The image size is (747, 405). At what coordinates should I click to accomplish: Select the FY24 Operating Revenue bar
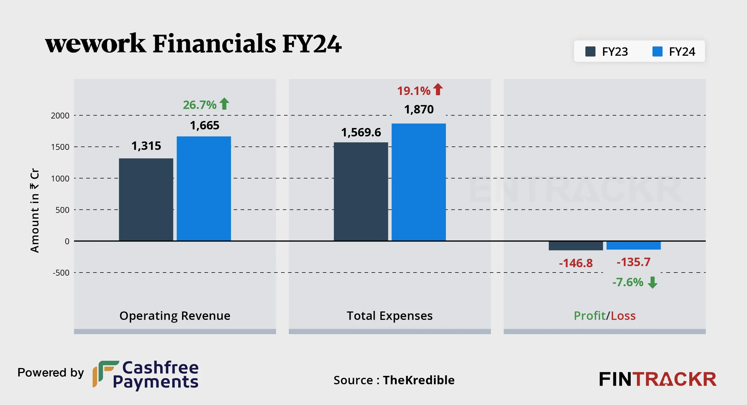click(204, 188)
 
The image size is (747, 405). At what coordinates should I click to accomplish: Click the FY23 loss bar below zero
click(576, 246)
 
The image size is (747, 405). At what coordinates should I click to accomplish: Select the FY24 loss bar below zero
click(633, 246)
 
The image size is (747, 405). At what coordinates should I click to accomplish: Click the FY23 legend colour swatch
click(590, 52)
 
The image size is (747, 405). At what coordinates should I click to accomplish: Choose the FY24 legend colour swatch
click(657, 52)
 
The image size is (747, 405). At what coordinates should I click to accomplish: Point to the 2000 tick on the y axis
click(60, 116)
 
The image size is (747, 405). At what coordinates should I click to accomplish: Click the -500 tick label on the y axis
click(61, 273)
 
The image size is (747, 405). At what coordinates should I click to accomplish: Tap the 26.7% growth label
click(199, 105)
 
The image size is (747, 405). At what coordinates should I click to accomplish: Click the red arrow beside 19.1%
click(438, 89)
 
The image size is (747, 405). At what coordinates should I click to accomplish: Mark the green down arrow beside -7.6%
click(652, 282)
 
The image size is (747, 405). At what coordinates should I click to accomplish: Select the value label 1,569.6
click(361, 132)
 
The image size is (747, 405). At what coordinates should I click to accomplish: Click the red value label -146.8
click(576, 263)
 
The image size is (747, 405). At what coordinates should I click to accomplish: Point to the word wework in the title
click(96, 43)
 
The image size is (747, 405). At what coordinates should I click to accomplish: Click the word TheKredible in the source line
click(418, 380)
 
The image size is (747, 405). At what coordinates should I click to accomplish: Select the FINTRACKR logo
click(657, 379)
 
